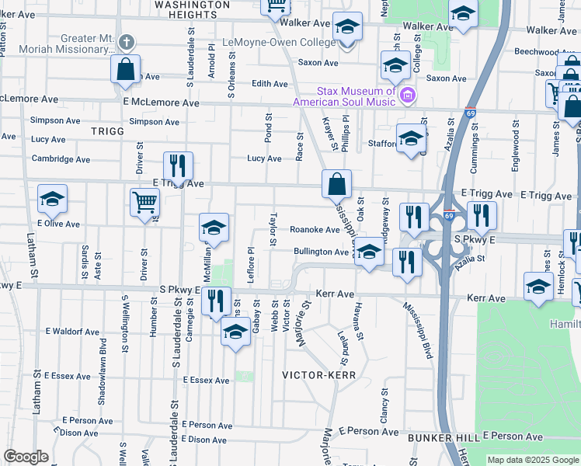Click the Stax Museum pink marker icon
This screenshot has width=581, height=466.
tap(408, 96)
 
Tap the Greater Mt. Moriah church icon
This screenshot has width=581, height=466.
tap(127, 43)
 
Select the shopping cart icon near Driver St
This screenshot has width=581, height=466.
tap(145, 203)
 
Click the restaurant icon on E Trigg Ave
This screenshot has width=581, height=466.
tap(179, 165)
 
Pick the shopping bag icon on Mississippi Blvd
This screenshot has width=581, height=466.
tap(337, 185)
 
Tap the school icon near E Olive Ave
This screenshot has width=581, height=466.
tap(52, 200)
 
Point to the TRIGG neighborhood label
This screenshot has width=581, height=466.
tap(107, 131)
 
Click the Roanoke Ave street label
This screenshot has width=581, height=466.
tap(315, 230)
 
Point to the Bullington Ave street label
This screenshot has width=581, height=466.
tap(321, 252)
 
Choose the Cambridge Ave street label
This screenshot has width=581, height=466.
tap(61, 160)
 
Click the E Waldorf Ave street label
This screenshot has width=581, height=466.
tap(72, 332)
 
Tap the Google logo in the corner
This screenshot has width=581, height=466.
tap(26, 457)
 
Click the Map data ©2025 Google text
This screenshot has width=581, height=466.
tap(532, 460)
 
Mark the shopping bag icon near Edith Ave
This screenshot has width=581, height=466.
tap(125, 69)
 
